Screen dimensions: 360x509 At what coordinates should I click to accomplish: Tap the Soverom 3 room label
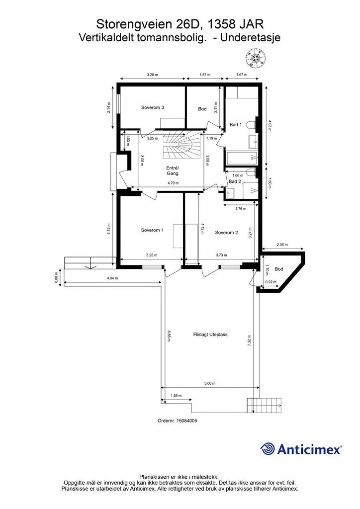click(152, 107)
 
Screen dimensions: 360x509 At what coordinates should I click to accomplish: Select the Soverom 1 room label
click(152, 230)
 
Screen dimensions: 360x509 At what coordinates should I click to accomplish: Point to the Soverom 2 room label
click(227, 233)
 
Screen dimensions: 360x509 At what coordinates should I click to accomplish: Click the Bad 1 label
click(236, 124)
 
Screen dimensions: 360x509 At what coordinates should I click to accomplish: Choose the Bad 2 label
click(235, 181)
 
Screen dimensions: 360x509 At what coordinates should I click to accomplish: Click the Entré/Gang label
click(173, 171)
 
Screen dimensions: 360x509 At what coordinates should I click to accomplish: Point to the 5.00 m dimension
click(210, 383)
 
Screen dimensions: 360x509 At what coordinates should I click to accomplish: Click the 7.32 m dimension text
click(249, 341)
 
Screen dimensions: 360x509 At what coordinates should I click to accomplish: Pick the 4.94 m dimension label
click(112, 278)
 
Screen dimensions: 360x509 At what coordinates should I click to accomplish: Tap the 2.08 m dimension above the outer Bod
click(282, 245)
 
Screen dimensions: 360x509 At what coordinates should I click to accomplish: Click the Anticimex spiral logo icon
click(268, 449)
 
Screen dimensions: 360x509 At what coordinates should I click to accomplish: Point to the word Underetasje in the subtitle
click(250, 38)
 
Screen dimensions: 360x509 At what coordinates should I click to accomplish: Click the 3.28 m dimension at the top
click(152, 75)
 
